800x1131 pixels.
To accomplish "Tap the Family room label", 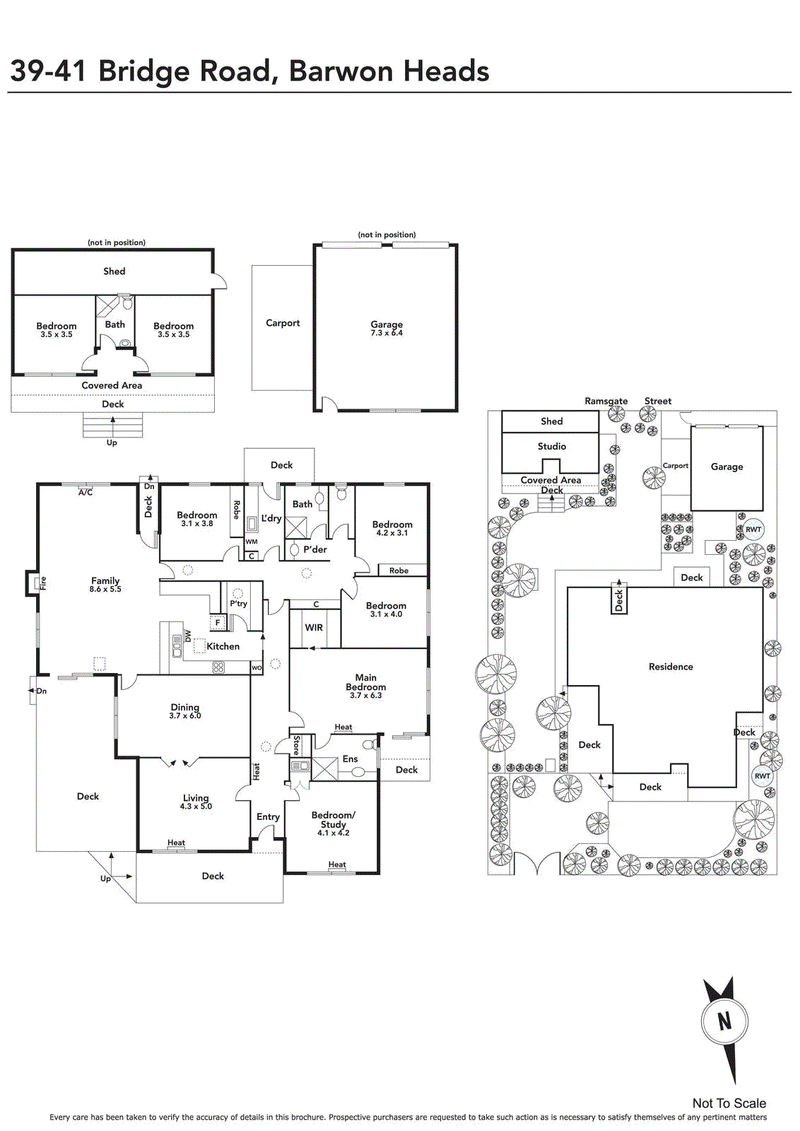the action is coord(105,580).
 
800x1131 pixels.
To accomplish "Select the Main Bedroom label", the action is coord(366,682).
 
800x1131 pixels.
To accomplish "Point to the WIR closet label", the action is coord(314,628).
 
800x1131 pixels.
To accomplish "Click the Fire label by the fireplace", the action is coord(43,583).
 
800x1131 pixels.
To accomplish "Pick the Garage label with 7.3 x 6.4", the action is coord(387,324).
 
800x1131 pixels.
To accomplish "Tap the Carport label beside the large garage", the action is coord(283,323).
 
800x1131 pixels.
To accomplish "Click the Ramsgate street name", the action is coord(606,401).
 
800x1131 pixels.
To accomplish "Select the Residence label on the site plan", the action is coord(671,667).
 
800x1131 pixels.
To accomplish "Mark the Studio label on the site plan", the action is coord(552,446).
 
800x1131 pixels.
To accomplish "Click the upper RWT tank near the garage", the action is coord(753,529).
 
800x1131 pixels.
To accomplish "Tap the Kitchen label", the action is coord(223,646).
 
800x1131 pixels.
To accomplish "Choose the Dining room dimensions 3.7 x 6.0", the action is coord(185,715).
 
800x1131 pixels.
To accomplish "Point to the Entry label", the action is coord(268,817).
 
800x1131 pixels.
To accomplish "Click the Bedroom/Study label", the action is coord(333,819).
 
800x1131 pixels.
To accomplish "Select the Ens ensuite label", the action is coord(350,759).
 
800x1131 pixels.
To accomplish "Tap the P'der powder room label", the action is coord(315,549).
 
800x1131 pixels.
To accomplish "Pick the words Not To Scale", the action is coord(729,1103).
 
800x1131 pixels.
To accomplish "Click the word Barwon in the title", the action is coord(339,71).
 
